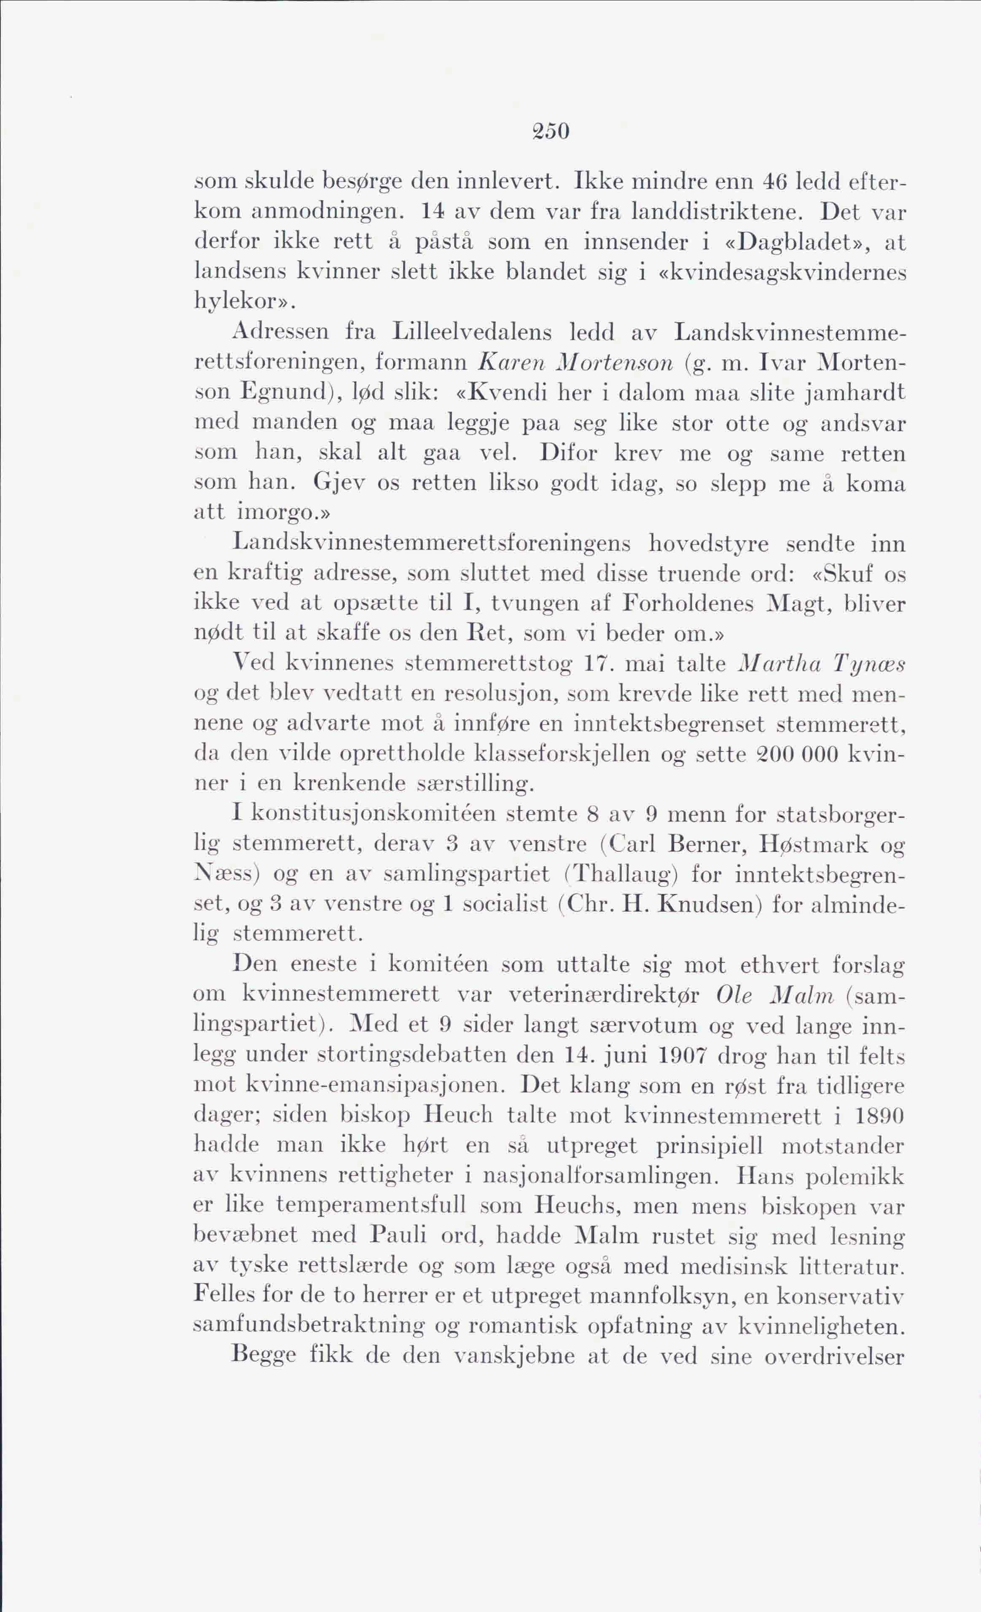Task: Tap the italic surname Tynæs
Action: (x=868, y=664)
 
